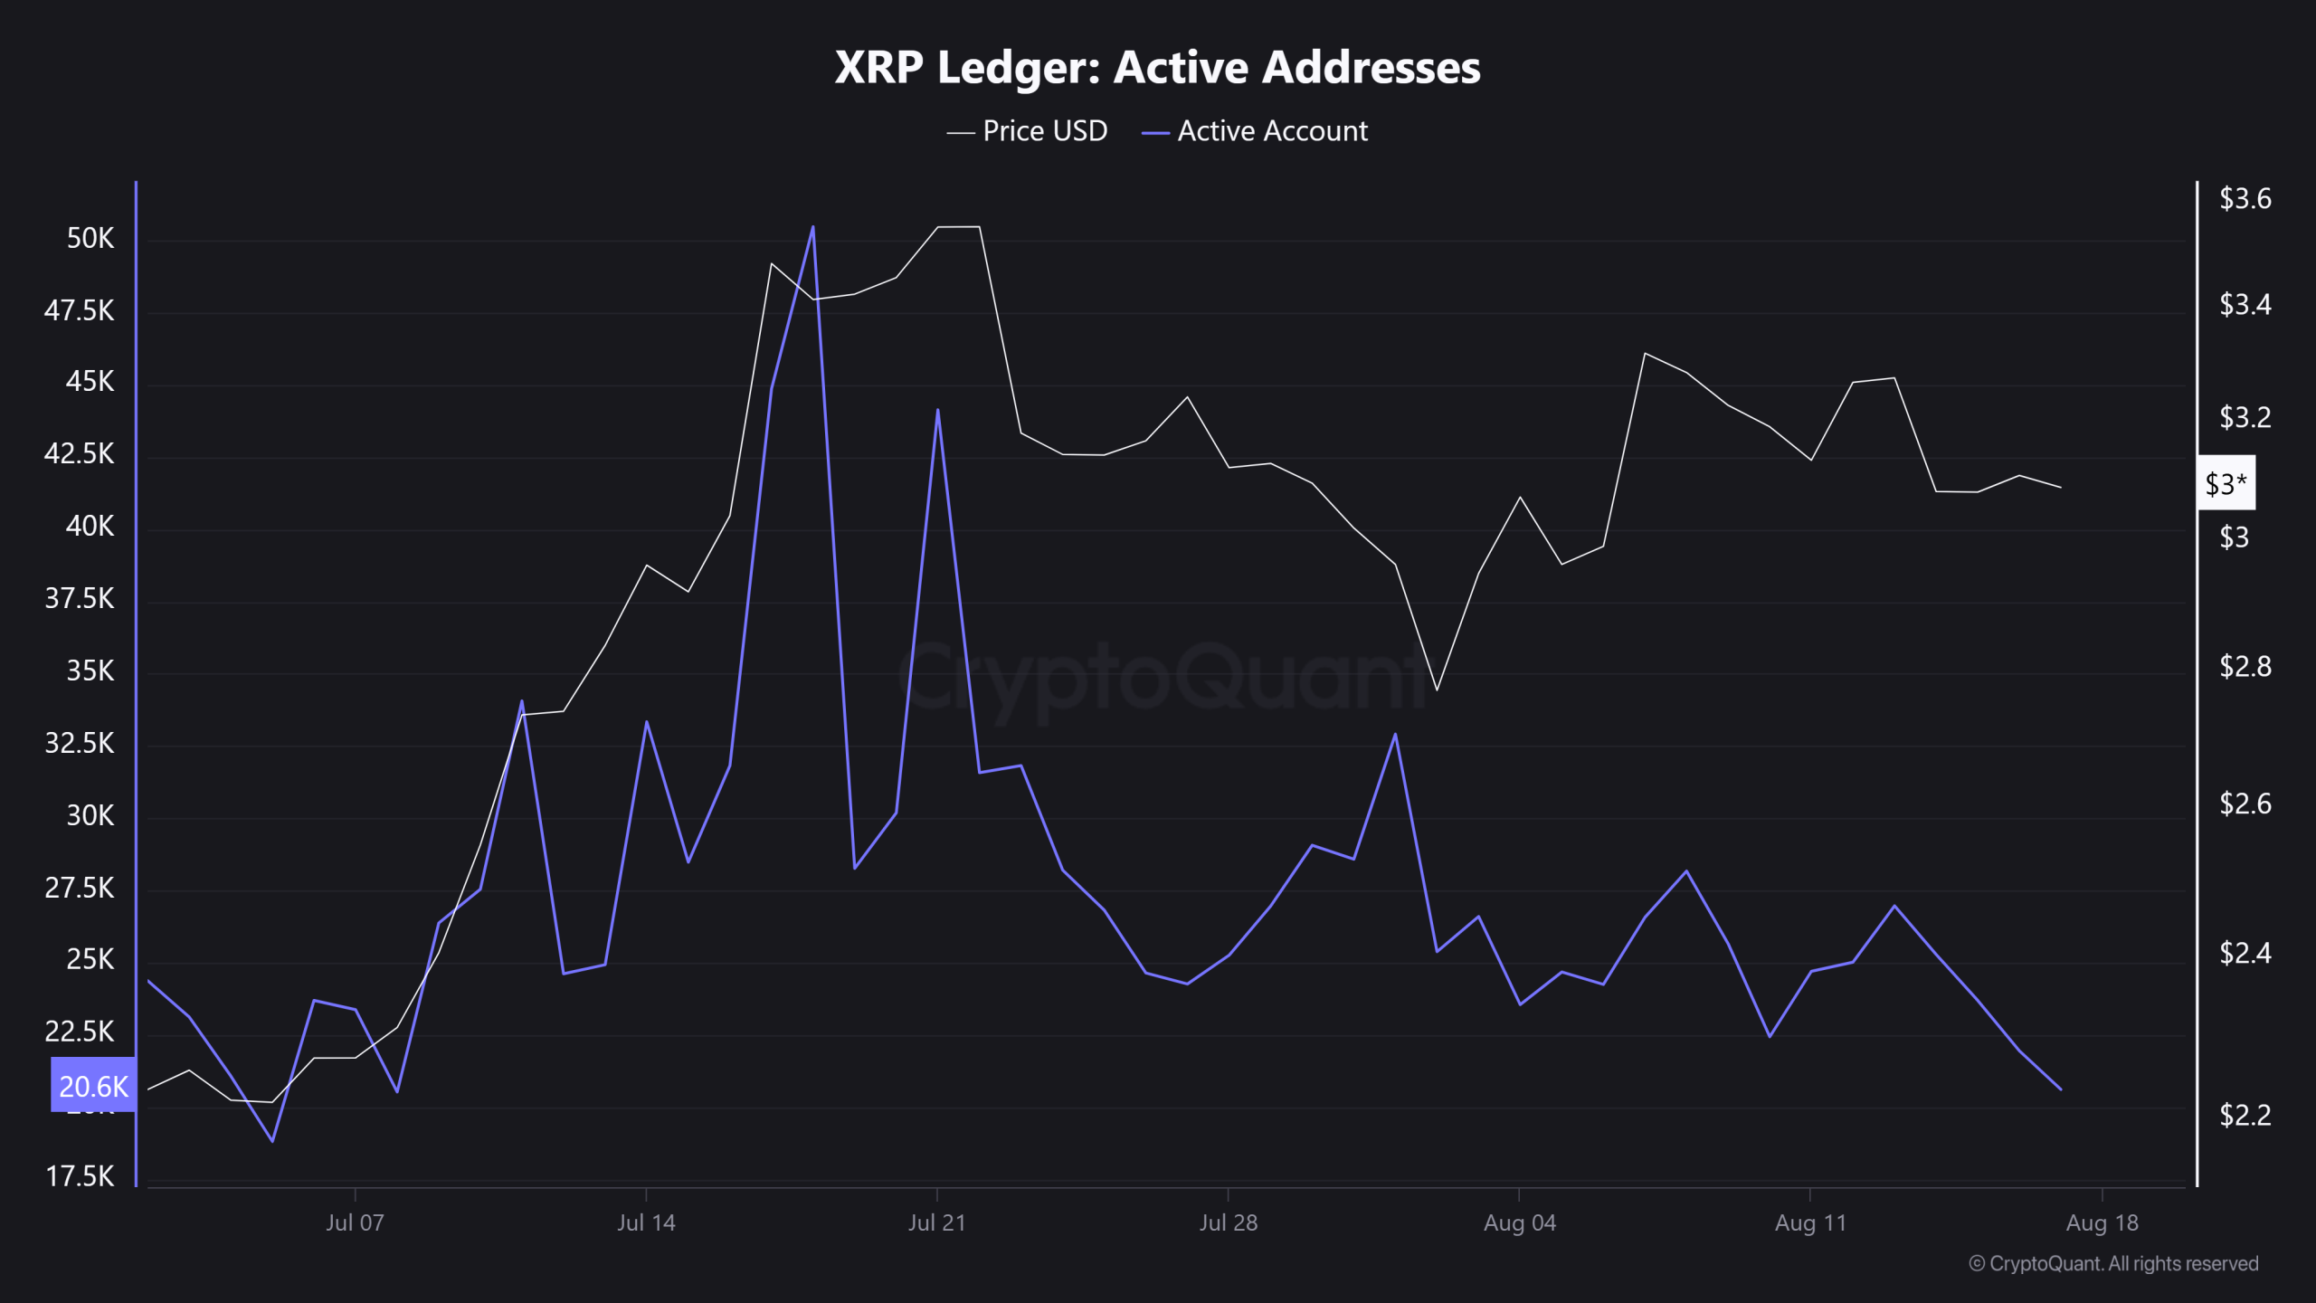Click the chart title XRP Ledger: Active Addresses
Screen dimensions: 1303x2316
(x=1157, y=67)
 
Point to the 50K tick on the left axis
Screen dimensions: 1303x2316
(x=90, y=239)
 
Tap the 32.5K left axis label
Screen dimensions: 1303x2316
(x=80, y=744)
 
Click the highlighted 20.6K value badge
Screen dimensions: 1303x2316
(x=93, y=1086)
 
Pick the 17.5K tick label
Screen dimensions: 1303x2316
(x=80, y=1176)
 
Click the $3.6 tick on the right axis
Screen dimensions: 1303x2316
(x=2245, y=199)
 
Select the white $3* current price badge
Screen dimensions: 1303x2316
(x=2226, y=484)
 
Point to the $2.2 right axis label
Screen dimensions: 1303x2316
(x=2245, y=1115)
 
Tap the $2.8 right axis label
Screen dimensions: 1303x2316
(x=2245, y=667)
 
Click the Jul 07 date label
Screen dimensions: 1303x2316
(x=355, y=1223)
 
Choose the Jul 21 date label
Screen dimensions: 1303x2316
(x=936, y=1223)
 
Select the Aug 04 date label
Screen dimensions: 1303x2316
(x=1519, y=1223)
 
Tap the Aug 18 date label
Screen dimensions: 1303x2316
(x=2102, y=1223)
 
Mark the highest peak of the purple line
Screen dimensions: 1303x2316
(x=813, y=228)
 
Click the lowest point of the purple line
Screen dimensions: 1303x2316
(x=272, y=1141)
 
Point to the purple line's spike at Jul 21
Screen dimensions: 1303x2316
(x=937, y=411)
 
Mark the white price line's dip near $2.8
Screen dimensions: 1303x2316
(x=1437, y=690)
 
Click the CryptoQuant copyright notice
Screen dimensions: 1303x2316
(x=2113, y=1264)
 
